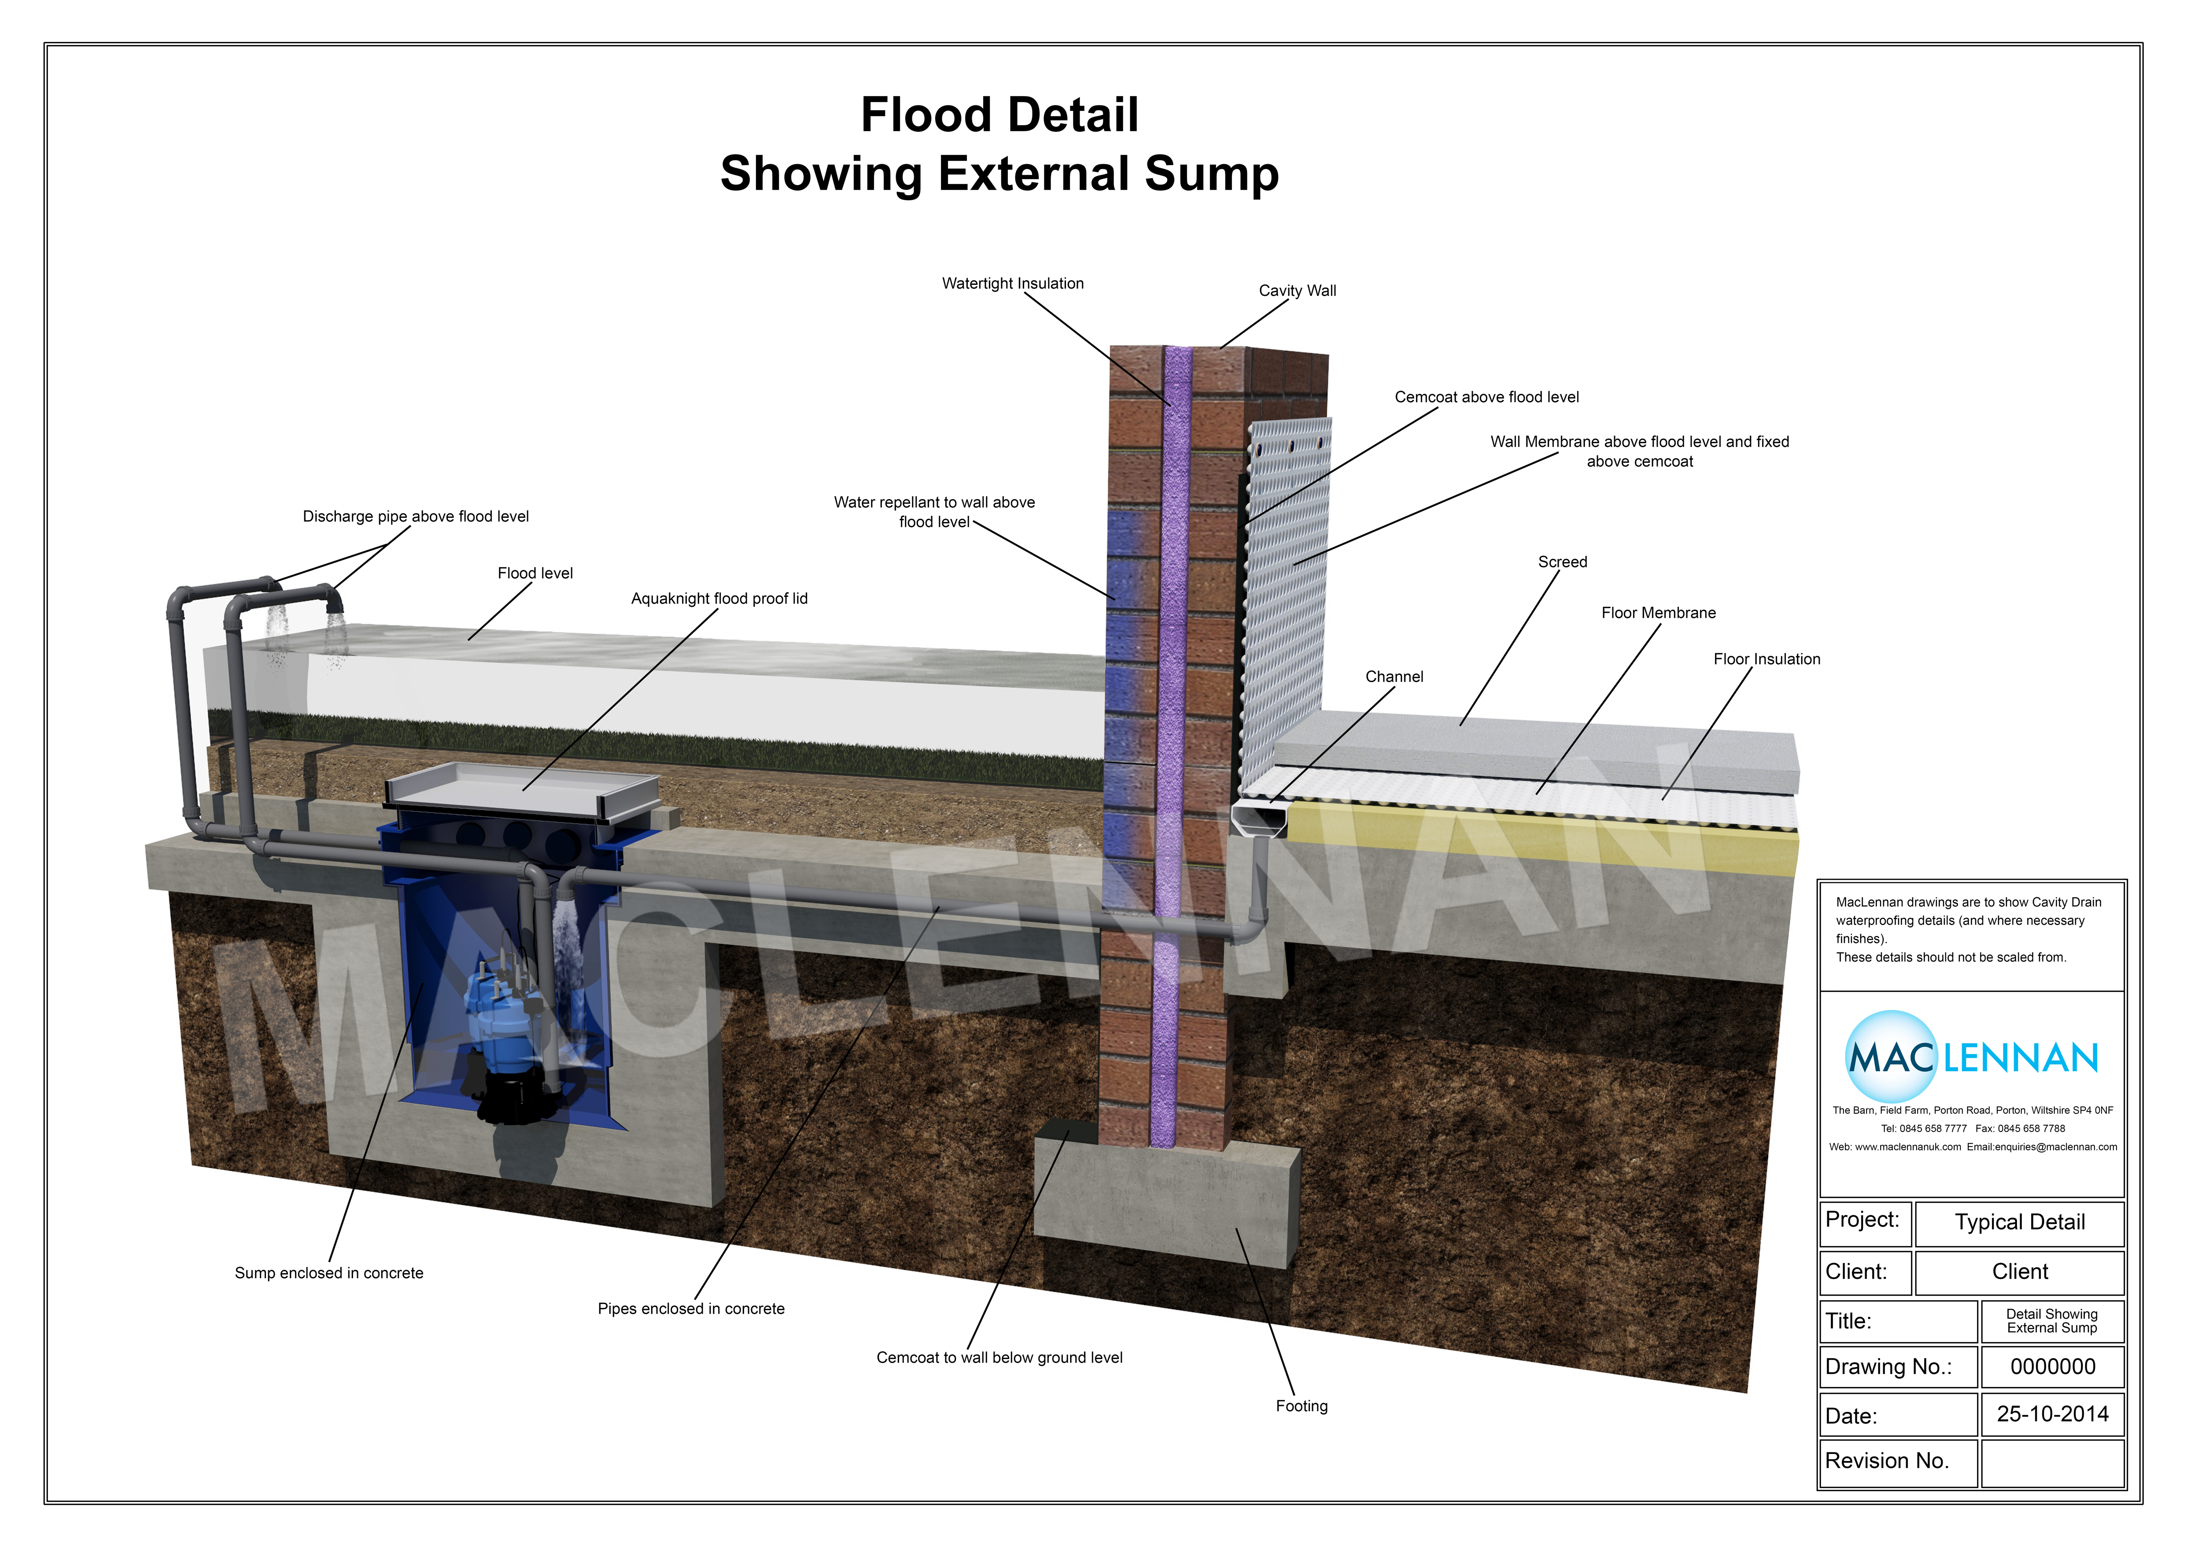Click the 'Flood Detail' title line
(999, 115)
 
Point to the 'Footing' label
(1301, 1406)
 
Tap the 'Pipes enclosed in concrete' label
(690, 1309)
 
